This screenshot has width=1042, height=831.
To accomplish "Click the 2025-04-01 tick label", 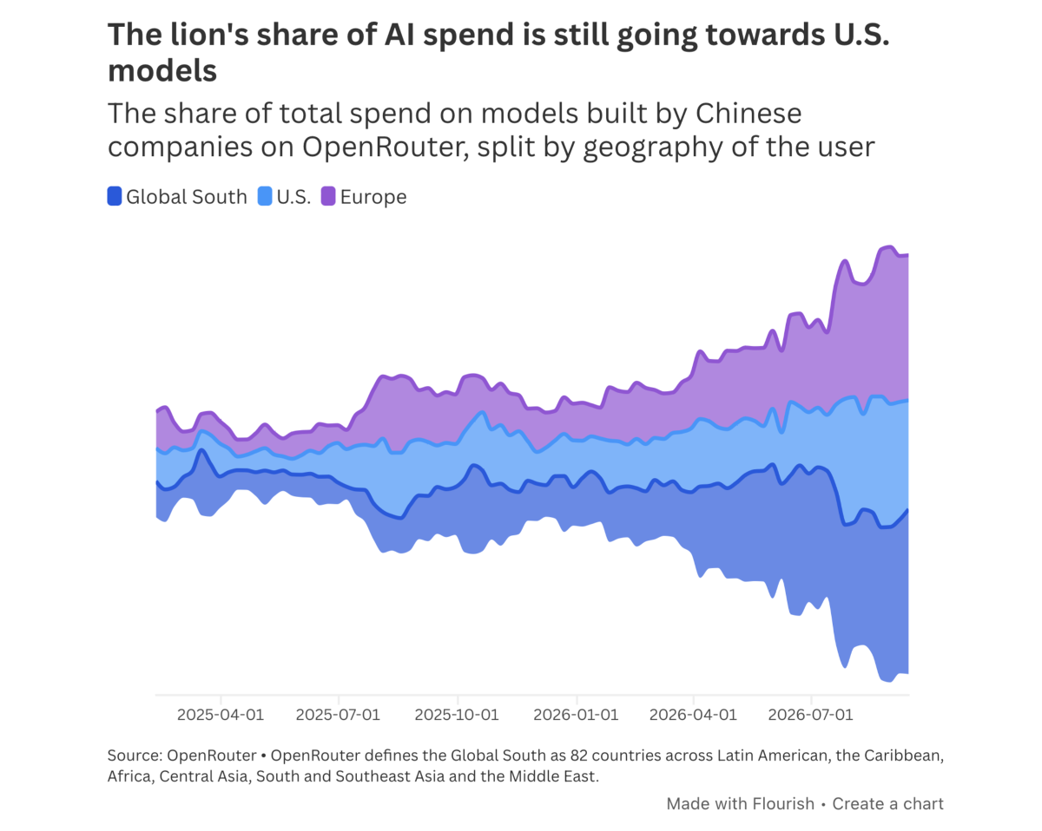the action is (x=221, y=715).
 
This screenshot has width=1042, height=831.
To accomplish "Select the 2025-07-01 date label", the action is (x=338, y=715).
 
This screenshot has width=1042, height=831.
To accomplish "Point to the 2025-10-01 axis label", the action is (x=457, y=715).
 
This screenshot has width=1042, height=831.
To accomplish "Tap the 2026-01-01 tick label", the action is (x=576, y=715).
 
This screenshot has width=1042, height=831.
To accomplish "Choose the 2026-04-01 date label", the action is (x=693, y=715).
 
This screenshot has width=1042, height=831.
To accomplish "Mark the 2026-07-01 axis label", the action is (x=810, y=715).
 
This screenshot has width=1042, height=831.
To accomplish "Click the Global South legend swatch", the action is (x=115, y=196).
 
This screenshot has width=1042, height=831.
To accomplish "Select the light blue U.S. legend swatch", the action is (x=265, y=196).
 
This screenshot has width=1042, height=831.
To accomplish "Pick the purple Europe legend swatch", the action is (x=328, y=196).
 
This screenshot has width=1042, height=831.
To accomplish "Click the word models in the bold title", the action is (x=162, y=71).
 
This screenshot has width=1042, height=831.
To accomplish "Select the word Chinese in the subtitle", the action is (x=749, y=114).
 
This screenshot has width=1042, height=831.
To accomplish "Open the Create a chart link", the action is (x=887, y=804).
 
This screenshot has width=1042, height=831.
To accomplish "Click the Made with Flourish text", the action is (x=741, y=804).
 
